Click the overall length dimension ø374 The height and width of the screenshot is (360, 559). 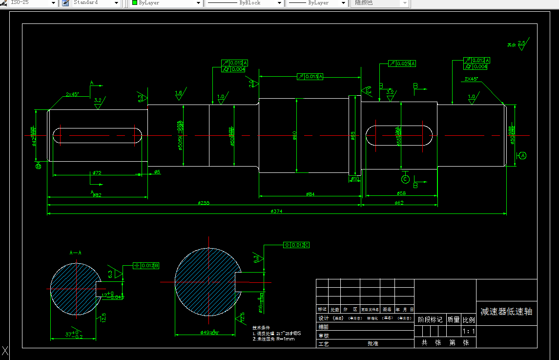277,211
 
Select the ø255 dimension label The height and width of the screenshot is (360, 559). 204,203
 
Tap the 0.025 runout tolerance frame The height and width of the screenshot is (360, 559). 402,64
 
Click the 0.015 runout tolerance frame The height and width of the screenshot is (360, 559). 310,77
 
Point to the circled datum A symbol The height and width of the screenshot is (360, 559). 522,155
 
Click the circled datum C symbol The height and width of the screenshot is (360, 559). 405,179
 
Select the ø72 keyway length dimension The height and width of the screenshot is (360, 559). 97,173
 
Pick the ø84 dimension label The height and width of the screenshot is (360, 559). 310,194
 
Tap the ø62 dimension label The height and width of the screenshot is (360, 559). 399,203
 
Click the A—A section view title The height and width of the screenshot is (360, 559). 76,253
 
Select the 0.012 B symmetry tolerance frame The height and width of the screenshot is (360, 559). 146,266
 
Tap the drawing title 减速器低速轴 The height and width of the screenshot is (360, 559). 506,311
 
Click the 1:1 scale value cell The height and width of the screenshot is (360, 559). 469,332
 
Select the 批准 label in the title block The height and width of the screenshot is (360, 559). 373,343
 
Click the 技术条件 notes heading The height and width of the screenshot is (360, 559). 261,327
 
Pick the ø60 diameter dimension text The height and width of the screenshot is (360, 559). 295,135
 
